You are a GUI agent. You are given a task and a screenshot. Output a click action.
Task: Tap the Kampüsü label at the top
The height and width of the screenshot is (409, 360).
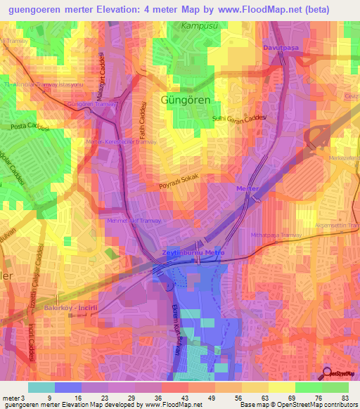tap(198, 26)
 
